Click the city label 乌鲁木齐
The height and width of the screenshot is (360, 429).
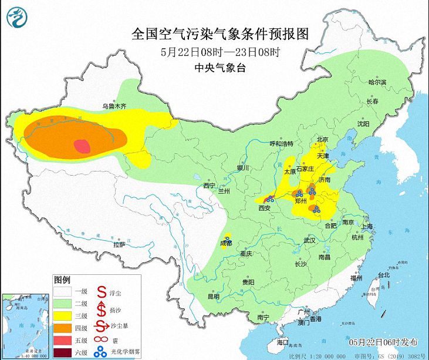(114, 106)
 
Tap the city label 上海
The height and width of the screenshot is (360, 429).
(368, 226)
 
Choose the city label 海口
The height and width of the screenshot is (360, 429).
(282, 342)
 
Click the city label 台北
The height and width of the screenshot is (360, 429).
(383, 275)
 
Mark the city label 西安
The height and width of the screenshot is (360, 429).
(265, 208)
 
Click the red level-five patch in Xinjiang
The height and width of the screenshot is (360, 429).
(83, 145)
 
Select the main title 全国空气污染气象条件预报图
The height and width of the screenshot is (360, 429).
(220, 33)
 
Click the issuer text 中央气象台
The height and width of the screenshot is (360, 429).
(220, 68)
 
